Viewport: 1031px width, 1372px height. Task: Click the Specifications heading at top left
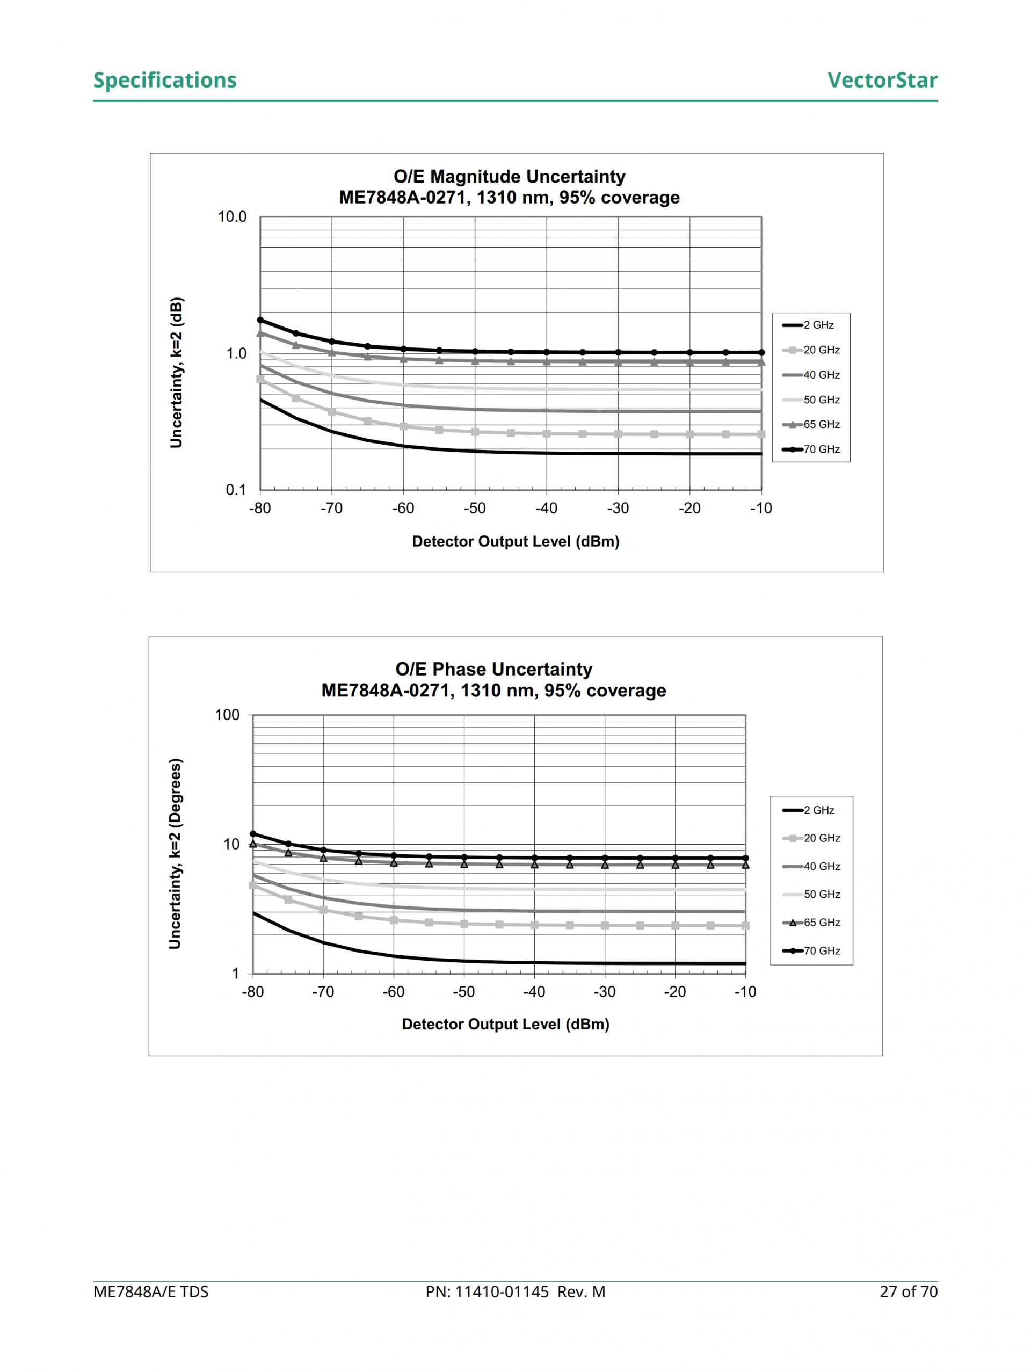click(x=164, y=80)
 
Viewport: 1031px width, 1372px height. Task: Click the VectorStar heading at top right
click(x=882, y=80)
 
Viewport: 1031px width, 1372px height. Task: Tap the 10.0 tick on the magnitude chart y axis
click(x=232, y=217)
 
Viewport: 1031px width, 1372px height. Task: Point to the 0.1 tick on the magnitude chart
click(x=235, y=490)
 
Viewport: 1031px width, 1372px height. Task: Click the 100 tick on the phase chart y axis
click(x=227, y=715)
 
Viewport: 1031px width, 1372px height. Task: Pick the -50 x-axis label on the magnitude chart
click(x=475, y=509)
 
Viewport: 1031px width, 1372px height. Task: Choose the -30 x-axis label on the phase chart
click(x=604, y=992)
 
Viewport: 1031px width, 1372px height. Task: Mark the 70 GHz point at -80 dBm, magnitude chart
click(x=260, y=320)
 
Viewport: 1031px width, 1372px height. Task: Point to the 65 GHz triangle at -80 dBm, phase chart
click(x=253, y=844)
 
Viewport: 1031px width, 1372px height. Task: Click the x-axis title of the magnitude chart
click(x=515, y=541)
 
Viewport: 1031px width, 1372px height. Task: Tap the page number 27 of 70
click(x=908, y=1292)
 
